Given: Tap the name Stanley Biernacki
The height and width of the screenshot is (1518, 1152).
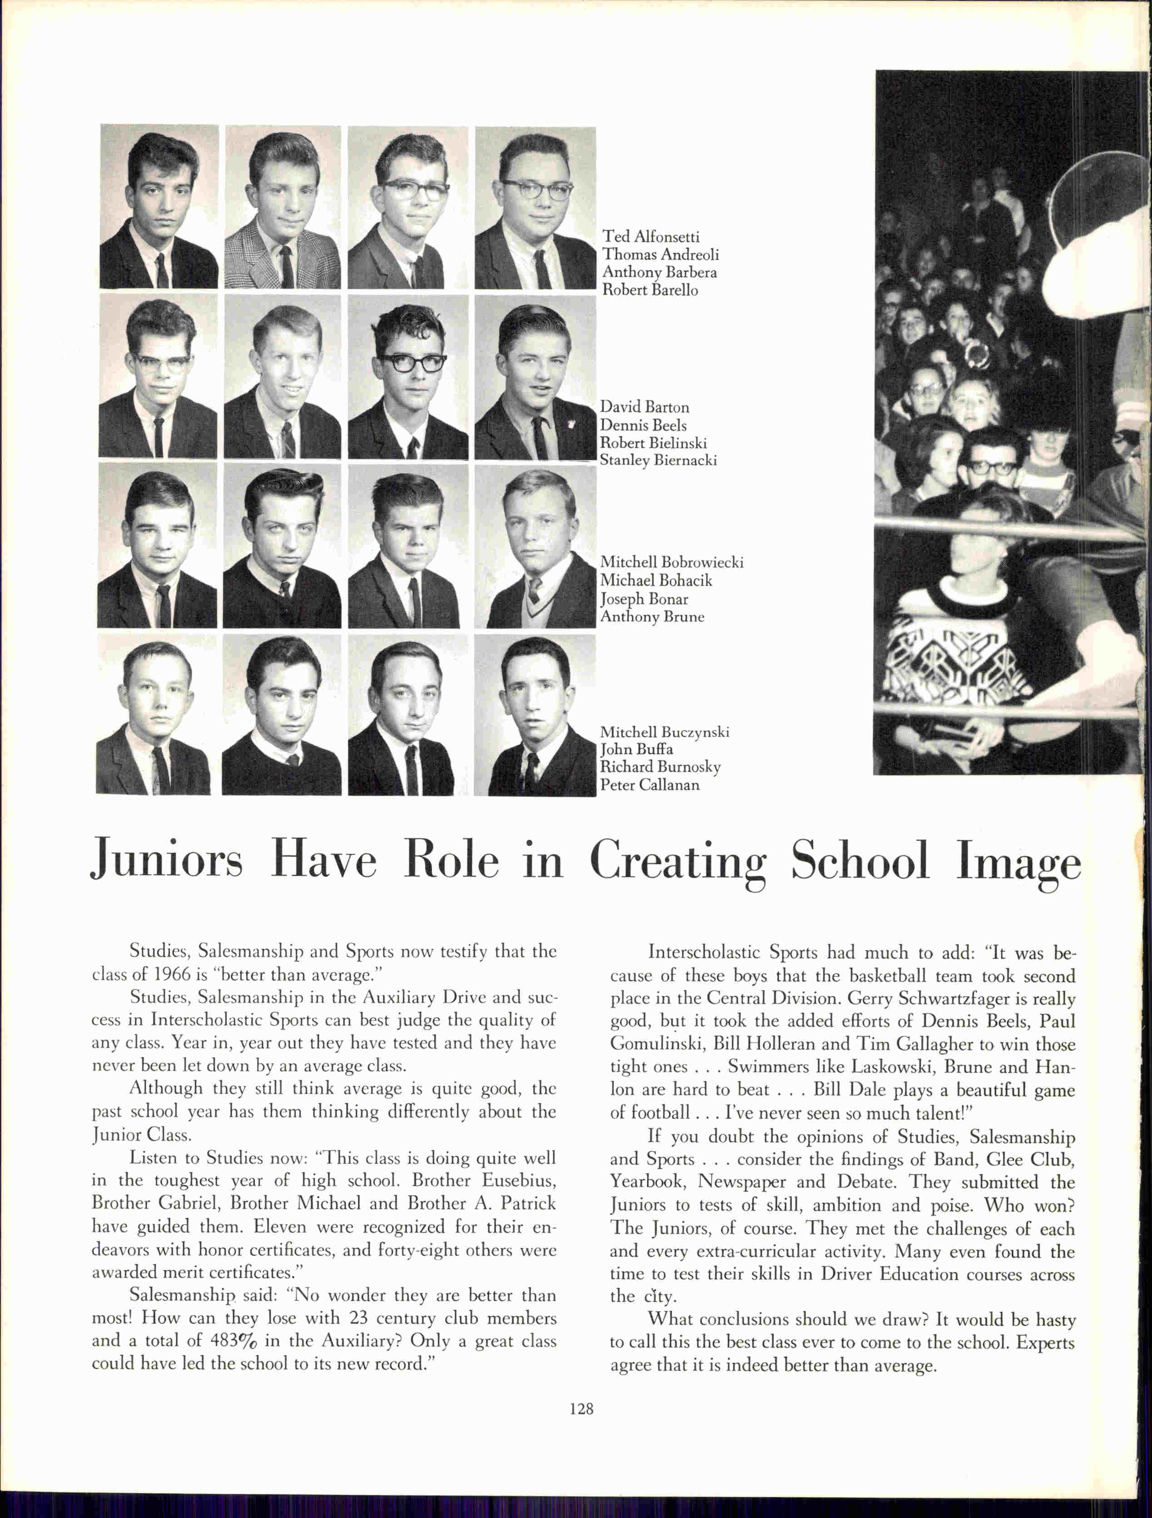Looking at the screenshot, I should [658, 460].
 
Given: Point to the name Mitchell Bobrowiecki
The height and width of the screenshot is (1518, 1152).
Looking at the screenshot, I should [672, 562].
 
